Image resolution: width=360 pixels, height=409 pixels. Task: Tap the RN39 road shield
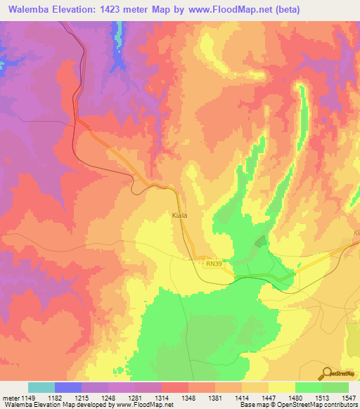click(x=214, y=264)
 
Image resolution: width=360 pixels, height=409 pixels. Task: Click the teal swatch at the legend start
click(x=41, y=387)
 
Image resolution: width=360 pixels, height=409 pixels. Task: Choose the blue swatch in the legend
click(x=68, y=387)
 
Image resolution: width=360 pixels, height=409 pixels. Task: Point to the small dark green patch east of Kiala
click(x=261, y=242)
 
